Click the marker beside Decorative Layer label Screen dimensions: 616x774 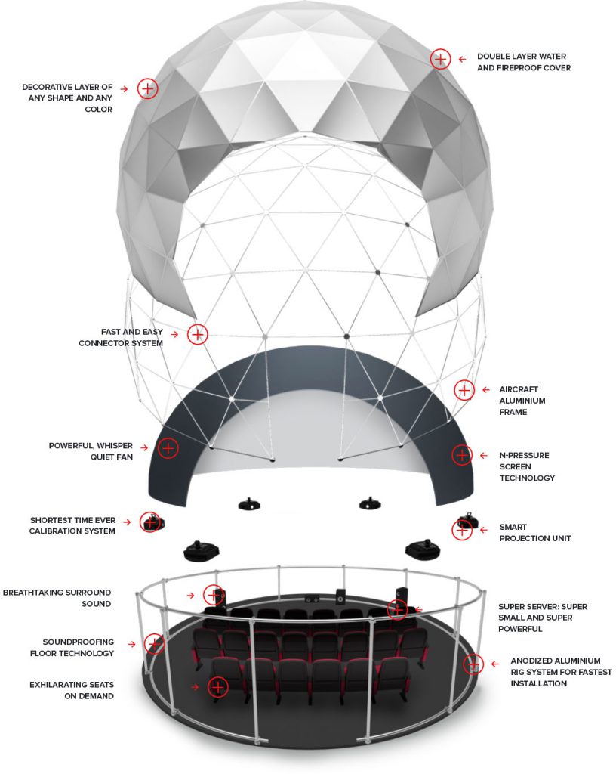tap(147, 89)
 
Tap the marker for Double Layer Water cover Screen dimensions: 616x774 tap(440, 59)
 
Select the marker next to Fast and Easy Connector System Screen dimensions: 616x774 tap(198, 334)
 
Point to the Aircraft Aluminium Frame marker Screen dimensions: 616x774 tap(464, 390)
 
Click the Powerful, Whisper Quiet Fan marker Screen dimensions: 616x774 tap(168, 448)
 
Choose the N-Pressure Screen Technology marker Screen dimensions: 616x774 tap(462, 454)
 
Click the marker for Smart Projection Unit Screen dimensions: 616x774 tap(462, 530)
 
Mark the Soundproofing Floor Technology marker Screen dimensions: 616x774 tap(154, 644)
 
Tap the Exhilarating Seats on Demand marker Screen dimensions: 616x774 tap(218, 686)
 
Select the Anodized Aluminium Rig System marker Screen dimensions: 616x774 tap(473, 664)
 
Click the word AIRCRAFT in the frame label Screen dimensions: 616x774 tap(519, 389)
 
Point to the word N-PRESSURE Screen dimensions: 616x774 tap(525, 455)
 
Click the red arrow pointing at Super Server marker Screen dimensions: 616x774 tap(418, 610)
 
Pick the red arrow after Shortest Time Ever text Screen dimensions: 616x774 tap(127, 522)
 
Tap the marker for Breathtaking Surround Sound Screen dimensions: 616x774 tap(214, 596)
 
